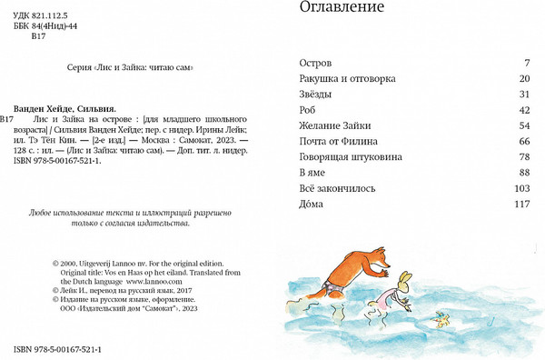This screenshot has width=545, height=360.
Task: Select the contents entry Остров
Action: click(317, 64)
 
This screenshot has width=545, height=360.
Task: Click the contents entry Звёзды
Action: click(319, 95)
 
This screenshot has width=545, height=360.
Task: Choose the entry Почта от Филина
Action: click(340, 142)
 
